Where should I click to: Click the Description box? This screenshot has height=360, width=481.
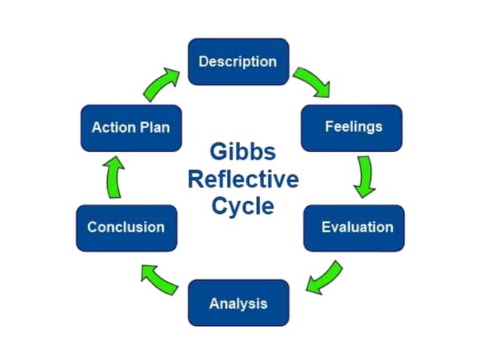pyautogui.click(x=237, y=62)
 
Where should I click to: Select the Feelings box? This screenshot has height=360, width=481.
pyautogui.click(x=351, y=127)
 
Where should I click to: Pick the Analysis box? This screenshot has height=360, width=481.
pyautogui.click(x=237, y=304)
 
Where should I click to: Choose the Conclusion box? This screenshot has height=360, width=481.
pyautogui.click(x=126, y=227)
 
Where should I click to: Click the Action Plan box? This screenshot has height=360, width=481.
pyautogui.click(x=130, y=127)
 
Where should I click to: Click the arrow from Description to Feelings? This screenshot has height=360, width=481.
pyautogui.click(x=312, y=81)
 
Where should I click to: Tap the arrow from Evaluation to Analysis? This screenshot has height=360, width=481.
pyautogui.click(x=325, y=276)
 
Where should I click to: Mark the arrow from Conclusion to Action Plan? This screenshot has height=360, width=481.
pyautogui.click(x=114, y=178)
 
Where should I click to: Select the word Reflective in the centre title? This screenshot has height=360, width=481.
pyautogui.click(x=243, y=180)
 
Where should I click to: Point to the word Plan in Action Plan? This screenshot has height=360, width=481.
pyautogui.click(x=154, y=127)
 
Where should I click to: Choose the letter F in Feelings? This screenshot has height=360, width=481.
pyautogui.click(x=329, y=127)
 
